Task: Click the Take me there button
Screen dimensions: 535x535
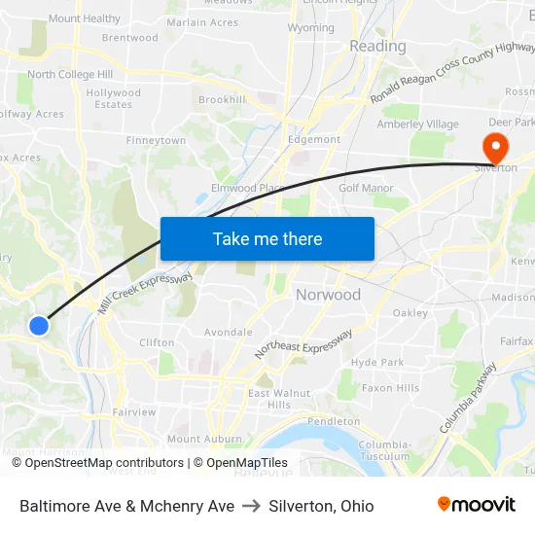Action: (267, 238)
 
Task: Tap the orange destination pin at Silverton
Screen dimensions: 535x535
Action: (495, 148)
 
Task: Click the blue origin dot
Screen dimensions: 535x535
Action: (39, 326)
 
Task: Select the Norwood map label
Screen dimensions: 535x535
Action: (328, 295)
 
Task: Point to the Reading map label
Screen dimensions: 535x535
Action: (377, 46)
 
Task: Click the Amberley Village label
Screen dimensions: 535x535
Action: (417, 125)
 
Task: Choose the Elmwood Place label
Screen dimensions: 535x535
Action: (247, 188)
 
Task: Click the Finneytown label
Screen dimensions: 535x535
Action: (156, 141)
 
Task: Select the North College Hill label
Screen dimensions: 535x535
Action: (69, 75)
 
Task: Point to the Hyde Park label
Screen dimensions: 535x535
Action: (377, 362)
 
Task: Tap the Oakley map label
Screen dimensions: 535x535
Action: (410, 313)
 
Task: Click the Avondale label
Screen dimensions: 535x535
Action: (228, 332)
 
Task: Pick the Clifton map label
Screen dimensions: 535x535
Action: (157, 342)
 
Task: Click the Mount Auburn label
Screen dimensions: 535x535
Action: (203, 439)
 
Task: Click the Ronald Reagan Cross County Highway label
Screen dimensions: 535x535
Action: (453, 73)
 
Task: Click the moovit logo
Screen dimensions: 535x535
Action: (477, 504)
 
